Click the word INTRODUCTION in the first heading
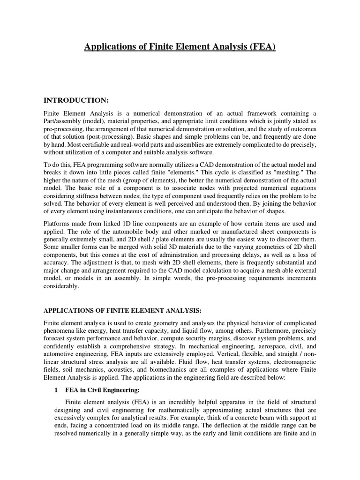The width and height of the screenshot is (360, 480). coord(75,100)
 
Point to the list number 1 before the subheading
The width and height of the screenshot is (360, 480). coord(55,390)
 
